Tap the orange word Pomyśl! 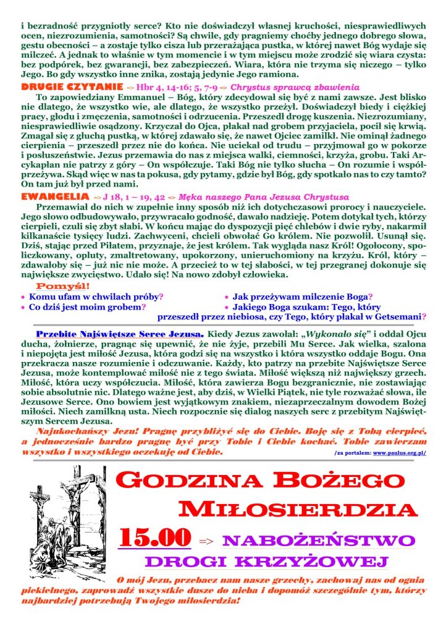63,286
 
